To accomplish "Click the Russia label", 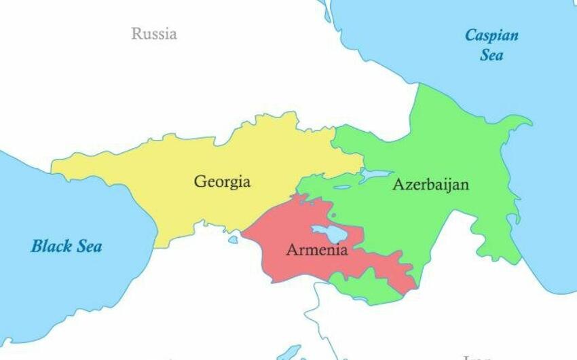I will click(154, 33).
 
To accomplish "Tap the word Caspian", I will click(491, 36).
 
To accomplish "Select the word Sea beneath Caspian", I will click(491, 55).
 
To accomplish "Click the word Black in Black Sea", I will click(50, 246).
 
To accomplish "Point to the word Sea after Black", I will click(88, 246).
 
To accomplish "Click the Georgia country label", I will click(222, 182).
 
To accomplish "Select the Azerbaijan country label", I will click(430, 184).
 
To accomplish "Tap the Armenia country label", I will click(317, 249).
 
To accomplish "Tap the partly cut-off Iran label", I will click(475, 357).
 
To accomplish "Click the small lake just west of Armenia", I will click(234, 239).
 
